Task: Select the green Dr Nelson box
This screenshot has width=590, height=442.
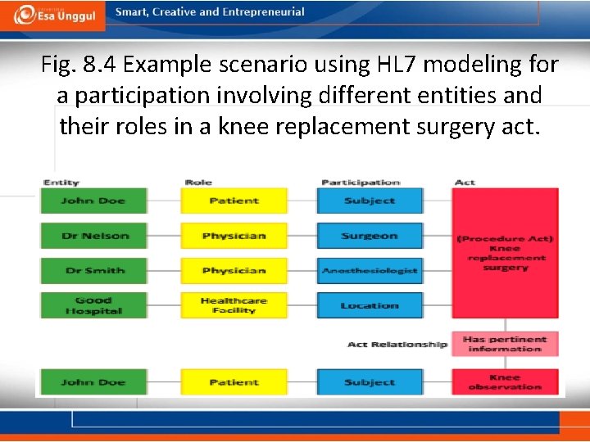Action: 93,236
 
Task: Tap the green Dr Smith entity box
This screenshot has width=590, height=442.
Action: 93,271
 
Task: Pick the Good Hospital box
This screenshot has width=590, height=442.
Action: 93,306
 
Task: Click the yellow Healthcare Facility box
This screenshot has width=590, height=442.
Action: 234,306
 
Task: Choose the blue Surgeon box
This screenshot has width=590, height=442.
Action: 370,236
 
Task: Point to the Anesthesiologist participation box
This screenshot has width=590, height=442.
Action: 370,271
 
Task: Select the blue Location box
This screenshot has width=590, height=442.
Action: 370,306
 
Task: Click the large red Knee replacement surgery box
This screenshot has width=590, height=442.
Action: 505,254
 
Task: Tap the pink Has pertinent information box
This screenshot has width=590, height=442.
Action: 505,344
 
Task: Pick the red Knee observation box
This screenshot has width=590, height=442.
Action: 505,382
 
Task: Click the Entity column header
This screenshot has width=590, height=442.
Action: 61,182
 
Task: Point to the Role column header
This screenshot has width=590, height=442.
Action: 198,182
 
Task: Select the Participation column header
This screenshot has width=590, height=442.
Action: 361,182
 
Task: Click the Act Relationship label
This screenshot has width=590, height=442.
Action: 397,345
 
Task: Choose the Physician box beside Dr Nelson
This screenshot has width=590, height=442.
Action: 234,236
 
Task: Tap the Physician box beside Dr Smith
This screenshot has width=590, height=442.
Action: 234,271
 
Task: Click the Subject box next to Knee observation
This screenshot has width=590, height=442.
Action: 370,382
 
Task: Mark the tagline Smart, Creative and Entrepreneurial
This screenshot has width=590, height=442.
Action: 210,12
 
